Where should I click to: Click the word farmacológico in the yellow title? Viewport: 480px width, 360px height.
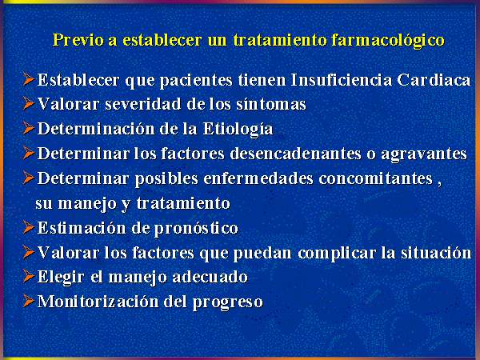[387, 41]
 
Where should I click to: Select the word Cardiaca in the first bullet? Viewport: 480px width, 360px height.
[434, 80]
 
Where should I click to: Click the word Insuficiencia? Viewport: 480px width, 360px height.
[342, 80]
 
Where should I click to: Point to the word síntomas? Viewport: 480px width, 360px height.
[271, 104]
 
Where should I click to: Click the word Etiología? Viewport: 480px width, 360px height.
[238, 129]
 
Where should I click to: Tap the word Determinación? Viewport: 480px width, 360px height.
[96, 129]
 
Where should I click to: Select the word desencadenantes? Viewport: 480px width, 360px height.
[296, 154]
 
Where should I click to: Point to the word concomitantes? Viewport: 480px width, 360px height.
[376, 178]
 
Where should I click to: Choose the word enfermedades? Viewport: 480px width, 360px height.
[258, 178]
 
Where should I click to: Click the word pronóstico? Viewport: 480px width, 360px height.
[196, 229]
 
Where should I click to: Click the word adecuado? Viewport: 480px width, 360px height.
[210, 277]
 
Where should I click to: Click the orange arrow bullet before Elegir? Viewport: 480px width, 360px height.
[29, 276]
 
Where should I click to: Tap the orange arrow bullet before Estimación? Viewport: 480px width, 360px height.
[29, 227]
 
